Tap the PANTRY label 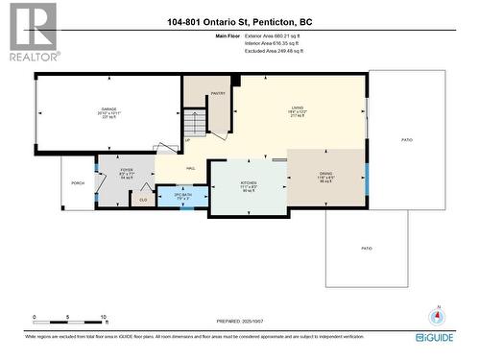pyautogui.click(x=218, y=93)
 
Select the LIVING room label pyautogui.click(x=298, y=108)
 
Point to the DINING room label pyautogui.click(x=326, y=173)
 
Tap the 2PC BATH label pyautogui.click(x=182, y=194)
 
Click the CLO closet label pyautogui.click(x=143, y=200)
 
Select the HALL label pyautogui.click(x=180, y=165)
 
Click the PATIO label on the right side pyautogui.click(x=407, y=140)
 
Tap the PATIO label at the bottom pyautogui.click(x=366, y=248)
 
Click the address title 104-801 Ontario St pyautogui.click(x=239, y=21)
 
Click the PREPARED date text pyautogui.click(x=241, y=320)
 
